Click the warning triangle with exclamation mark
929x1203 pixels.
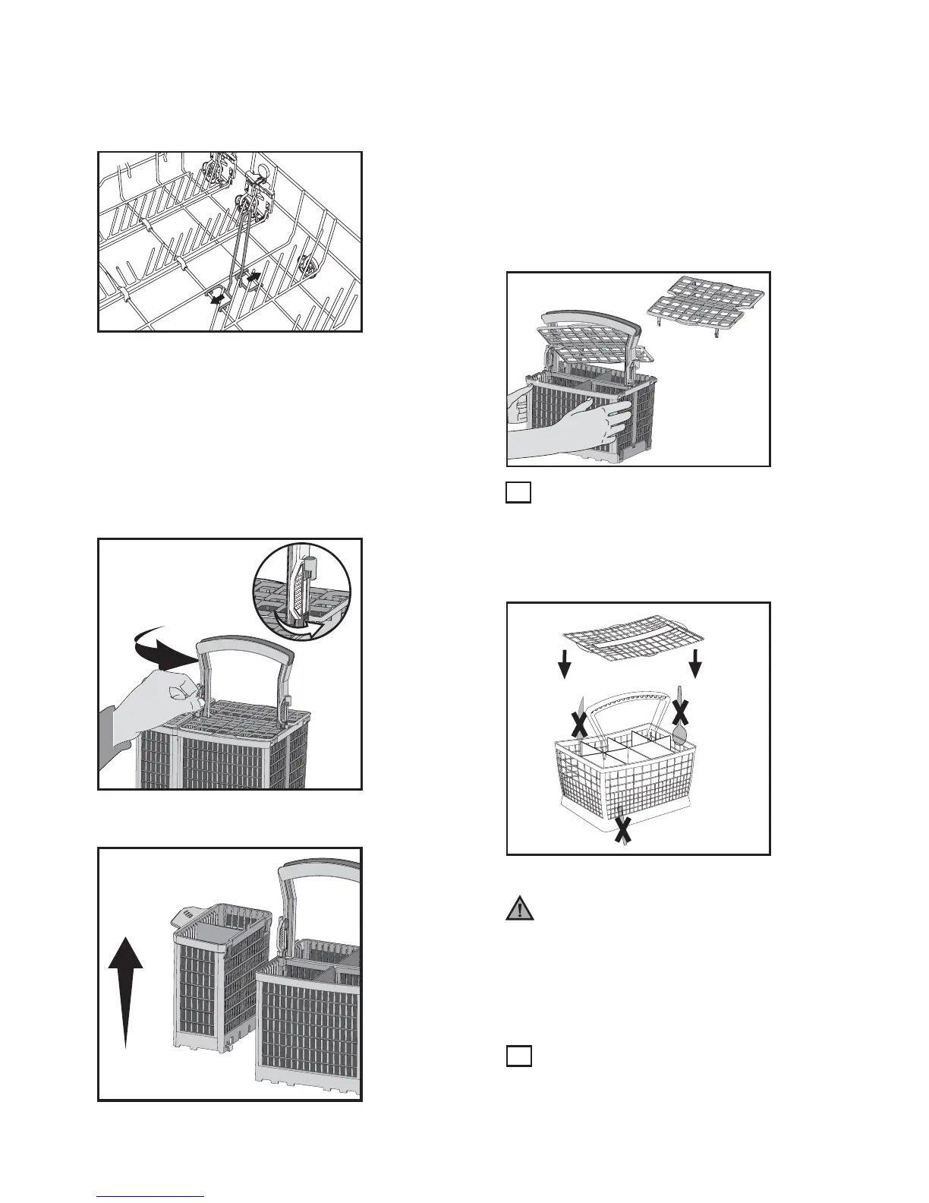[x=520, y=909]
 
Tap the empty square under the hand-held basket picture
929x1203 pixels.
[x=518, y=493]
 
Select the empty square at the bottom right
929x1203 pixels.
[x=518, y=1056]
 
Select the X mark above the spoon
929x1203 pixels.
[x=681, y=711]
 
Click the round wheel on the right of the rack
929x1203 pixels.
[x=310, y=265]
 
